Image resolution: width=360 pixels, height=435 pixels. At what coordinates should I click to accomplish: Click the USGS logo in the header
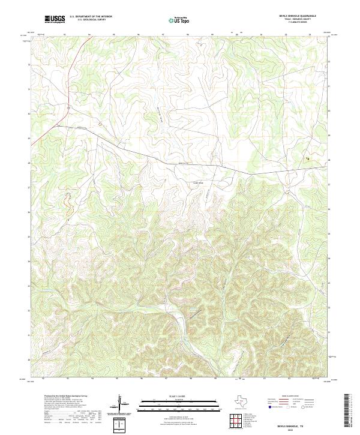point(55,19)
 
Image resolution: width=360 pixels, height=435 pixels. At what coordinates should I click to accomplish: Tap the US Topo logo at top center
point(181,20)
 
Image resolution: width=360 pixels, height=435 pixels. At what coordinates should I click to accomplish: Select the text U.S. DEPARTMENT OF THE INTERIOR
point(91,16)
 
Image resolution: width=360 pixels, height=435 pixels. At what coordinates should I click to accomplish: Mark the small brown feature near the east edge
point(308,158)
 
